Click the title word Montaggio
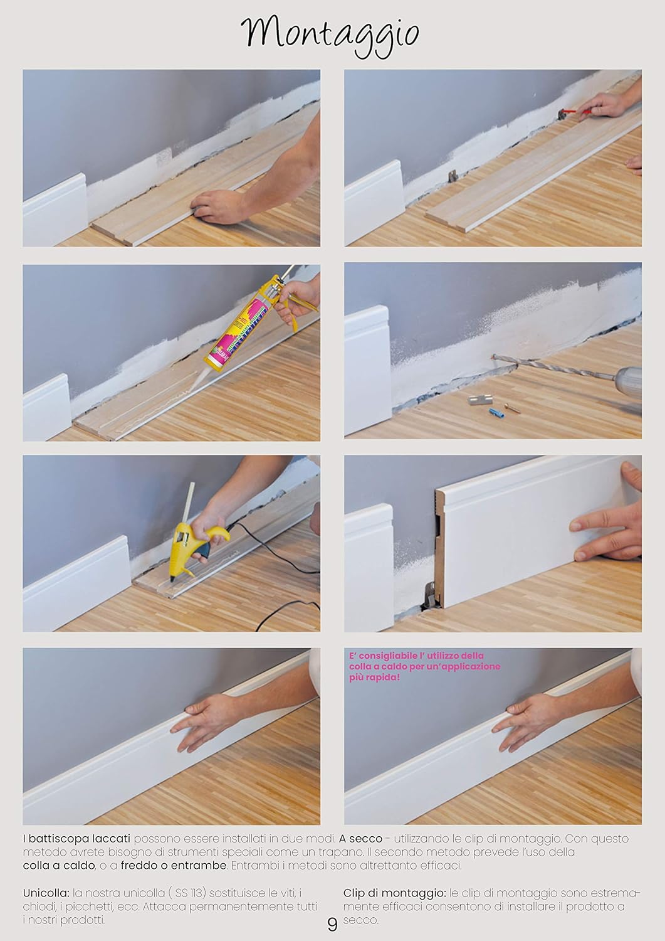pos(330,33)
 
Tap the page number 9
pos(332,924)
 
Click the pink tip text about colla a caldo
pos(425,666)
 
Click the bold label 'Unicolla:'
pos(46,893)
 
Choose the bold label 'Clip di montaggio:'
pos(395,893)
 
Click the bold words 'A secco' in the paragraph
pos(361,838)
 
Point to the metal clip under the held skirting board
pos(428,593)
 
